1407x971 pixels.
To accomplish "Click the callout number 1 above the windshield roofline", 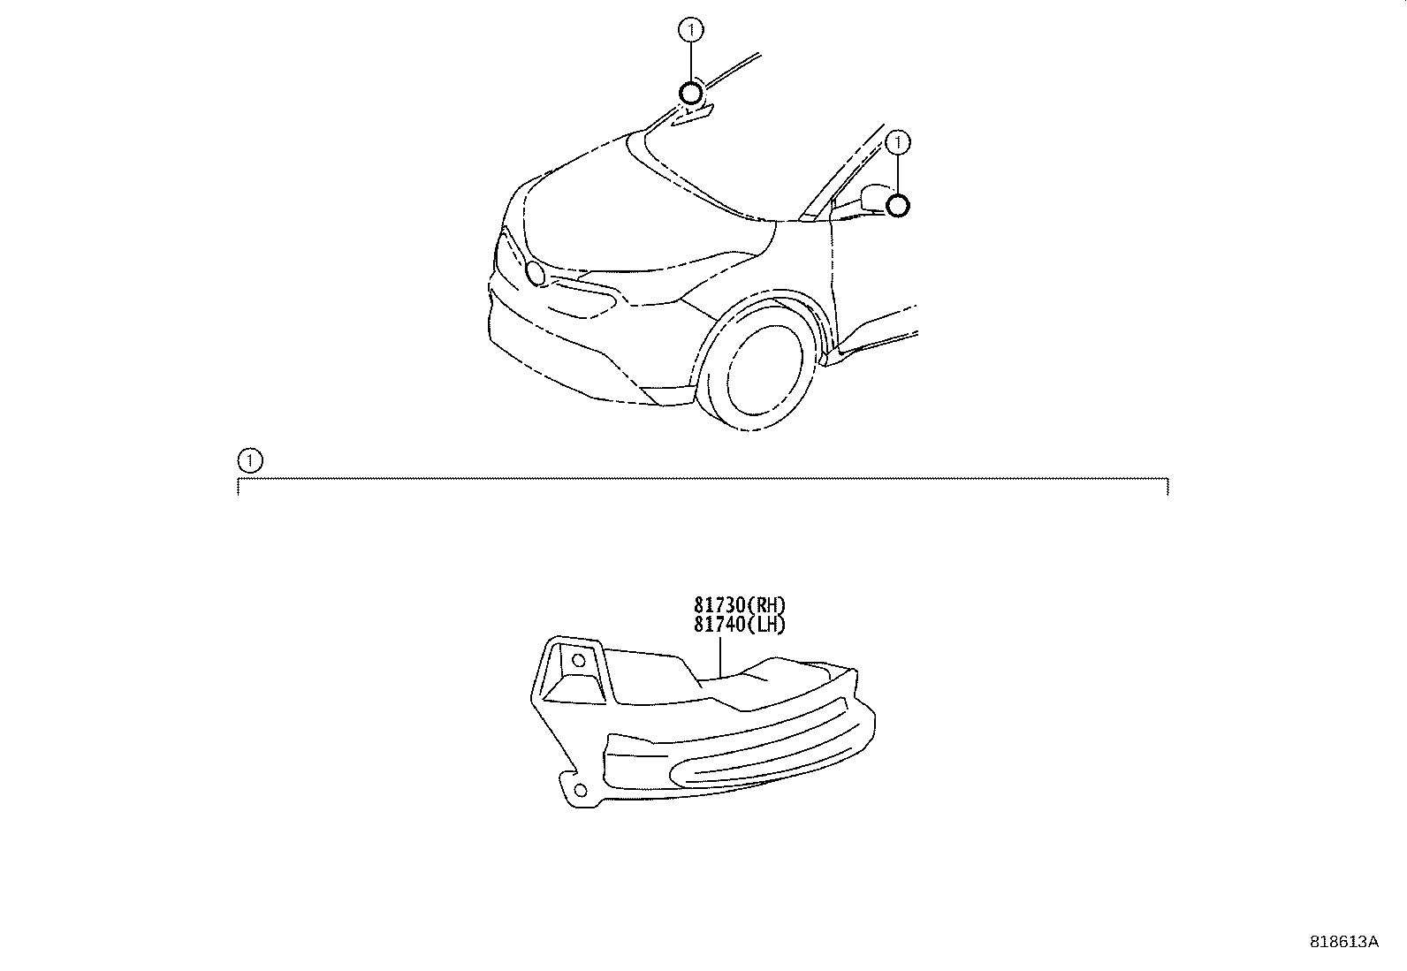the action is pyautogui.click(x=691, y=29).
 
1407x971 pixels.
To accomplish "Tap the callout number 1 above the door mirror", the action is pyautogui.click(x=898, y=142).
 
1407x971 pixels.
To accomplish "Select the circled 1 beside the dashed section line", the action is pyautogui.click(x=250, y=461).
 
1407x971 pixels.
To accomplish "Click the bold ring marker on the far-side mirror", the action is pyautogui.click(x=691, y=94).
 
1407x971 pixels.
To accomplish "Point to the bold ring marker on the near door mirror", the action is pyautogui.click(x=898, y=205).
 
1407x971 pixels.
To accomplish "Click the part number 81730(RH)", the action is pyautogui.click(x=740, y=605).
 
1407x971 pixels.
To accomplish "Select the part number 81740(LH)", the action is pyautogui.click(x=740, y=625).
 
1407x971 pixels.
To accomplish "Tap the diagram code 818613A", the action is pyautogui.click(x=1343, y=942).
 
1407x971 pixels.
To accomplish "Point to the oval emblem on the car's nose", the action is pyautogui.click(x=536, y=273).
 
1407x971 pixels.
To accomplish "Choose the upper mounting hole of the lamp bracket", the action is pyautogui.click(x=579, y=660).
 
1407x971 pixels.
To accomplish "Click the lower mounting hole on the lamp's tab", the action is pyautogui.click(x=581, y=790).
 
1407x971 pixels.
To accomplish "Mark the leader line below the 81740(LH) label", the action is pyautogui.click(x=720, y=657).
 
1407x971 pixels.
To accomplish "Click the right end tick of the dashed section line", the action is pyautogui.click(x=1167, y=487).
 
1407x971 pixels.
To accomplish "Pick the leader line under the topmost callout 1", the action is pyautogui.click(x=691, y=62).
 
